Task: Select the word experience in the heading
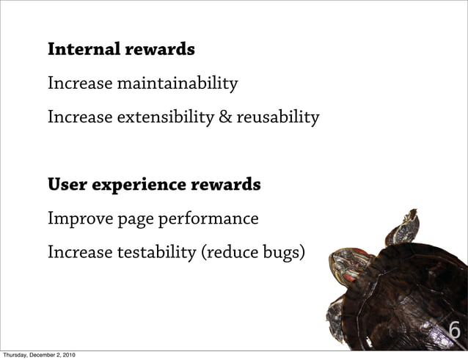[136, 185]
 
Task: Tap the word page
[127, 220]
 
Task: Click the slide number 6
[454, 331]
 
